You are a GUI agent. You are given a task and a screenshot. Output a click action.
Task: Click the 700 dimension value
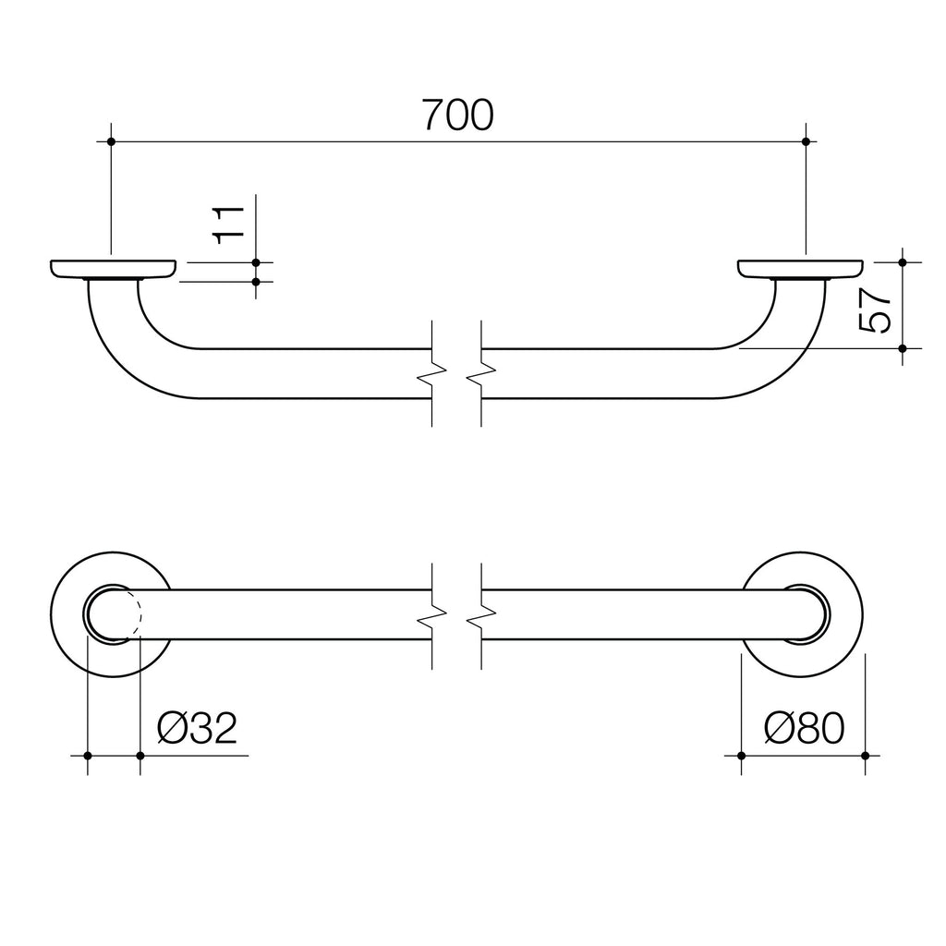click(x=458, y=115)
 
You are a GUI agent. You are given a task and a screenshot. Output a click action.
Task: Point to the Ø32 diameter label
click(x=198, y=729)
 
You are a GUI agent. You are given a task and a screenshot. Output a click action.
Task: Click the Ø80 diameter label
click(x=805, y=729)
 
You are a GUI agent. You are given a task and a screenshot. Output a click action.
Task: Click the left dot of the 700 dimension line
click(x=111, y=141)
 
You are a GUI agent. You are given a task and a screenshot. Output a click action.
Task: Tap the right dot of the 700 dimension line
click(x=807, y=141)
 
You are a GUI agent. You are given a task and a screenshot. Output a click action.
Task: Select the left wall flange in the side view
click(x=113, y=269)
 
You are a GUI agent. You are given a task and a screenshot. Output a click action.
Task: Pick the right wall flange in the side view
click(x=801, y=269)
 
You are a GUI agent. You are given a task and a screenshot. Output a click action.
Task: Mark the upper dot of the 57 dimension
click(x=903, y=262)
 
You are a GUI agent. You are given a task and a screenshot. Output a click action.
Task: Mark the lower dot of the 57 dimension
click(x=903, y=348)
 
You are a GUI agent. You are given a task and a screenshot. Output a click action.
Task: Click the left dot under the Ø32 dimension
click(x=87, y=756)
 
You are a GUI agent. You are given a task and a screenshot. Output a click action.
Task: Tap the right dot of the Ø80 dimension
click(x=865, y=756)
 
